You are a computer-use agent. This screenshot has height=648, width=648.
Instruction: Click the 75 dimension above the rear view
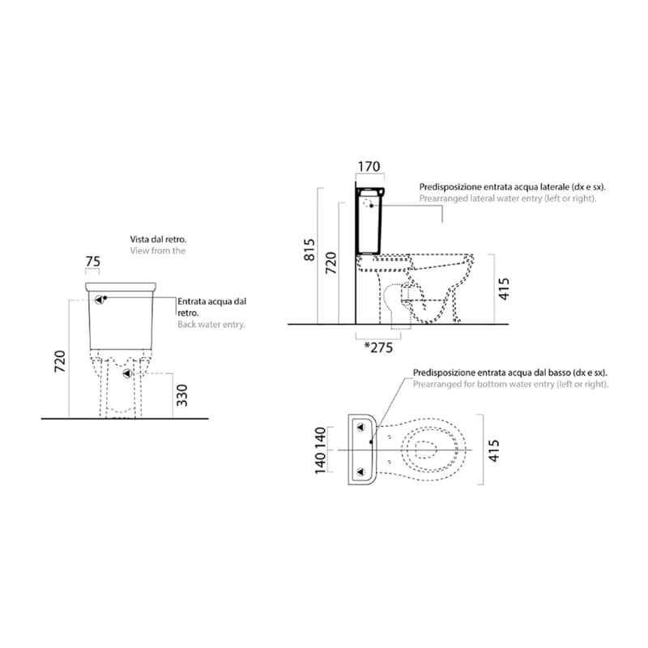93,261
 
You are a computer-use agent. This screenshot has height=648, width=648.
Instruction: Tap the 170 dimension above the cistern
369,167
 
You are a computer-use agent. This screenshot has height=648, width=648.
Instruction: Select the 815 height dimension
309,249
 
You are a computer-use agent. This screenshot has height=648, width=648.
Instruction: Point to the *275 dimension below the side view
378,347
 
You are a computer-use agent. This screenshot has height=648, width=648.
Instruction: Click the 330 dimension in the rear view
181,395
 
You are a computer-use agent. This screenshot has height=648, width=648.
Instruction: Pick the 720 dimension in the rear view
60,361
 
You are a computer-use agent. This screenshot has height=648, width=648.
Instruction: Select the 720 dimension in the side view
331,262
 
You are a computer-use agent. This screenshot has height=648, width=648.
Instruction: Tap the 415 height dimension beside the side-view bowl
504,288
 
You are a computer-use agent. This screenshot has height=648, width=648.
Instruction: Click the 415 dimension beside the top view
494,450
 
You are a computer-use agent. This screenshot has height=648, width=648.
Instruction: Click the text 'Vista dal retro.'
158,239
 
